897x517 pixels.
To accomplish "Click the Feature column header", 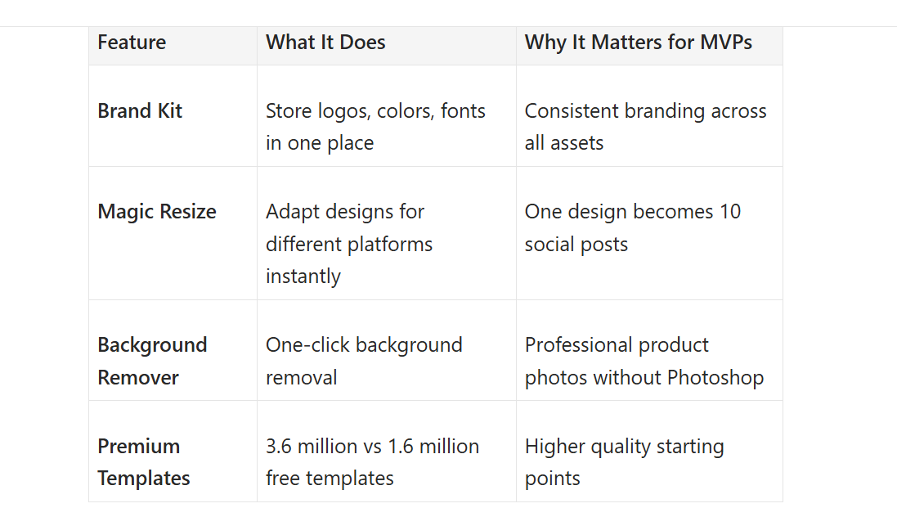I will [132, 43].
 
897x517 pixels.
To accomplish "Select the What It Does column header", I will [325, 43].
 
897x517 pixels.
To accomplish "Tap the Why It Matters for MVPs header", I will [639, 43].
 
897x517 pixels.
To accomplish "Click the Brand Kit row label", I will [140, 111].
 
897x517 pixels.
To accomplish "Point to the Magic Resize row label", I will [157, 212].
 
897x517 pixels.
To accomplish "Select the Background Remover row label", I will [152, 361].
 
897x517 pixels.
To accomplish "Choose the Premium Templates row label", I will [144, 462].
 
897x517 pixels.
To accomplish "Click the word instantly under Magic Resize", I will [303, 276].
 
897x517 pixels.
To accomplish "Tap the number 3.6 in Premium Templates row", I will [280, 447].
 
